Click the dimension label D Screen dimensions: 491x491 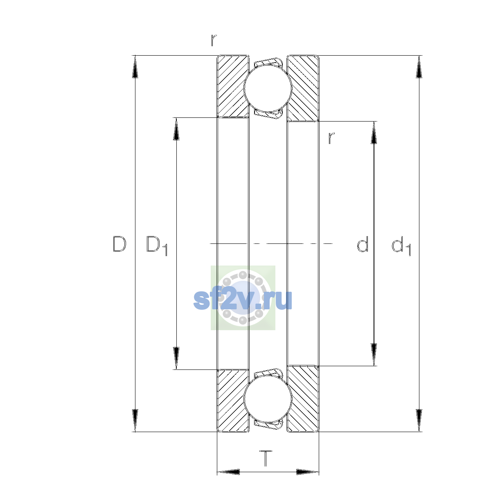(x=119, y=244)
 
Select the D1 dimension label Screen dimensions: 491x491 (x=157, y=245)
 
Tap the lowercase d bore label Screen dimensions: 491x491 (x=363, y=244)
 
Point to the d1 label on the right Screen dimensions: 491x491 (x=401, y=245)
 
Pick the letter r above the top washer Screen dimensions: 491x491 (x=214, y=40)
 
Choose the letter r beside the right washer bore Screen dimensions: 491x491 (x=331, y=138)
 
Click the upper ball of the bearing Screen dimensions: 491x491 (x=268, y=88)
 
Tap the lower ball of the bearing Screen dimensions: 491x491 (x=268, y=400)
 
